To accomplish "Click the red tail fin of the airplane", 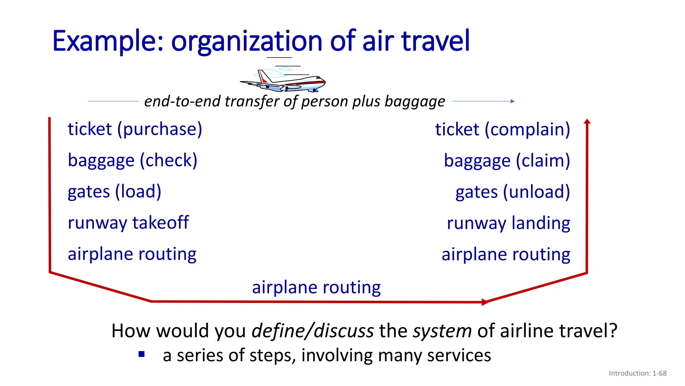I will pos(263,78).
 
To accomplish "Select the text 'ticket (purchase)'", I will pos(135,129).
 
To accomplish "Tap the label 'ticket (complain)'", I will pos(502,129).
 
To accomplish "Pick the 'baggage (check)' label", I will pos(132,160).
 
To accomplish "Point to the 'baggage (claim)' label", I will pos(507,160).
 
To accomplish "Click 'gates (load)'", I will pos(114,191).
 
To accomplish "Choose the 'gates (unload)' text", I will pos(512,192).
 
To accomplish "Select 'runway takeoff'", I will pos(128,222).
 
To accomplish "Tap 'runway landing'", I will pos(508,223).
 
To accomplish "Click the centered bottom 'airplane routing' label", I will pos(316,287).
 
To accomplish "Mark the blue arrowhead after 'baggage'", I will pos(512,101).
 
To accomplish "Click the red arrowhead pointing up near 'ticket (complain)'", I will pos(587,121).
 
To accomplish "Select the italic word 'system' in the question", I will pos(442,331).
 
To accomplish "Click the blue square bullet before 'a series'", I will pos(141,354).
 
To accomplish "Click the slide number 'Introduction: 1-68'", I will pos(638,373).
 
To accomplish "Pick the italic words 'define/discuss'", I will pos(312,331).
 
